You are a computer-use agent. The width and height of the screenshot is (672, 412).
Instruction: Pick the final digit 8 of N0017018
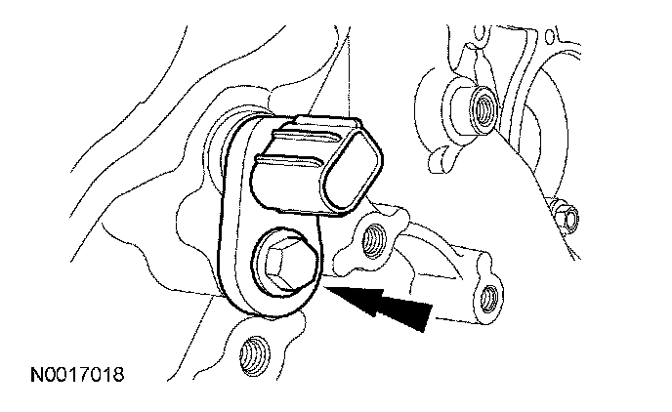point(119,374)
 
